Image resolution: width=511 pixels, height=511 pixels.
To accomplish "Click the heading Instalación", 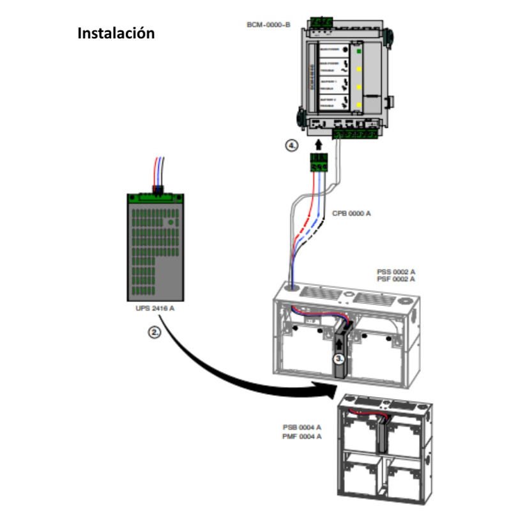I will [116, 33].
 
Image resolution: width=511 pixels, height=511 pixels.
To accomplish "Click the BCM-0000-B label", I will [268, 25].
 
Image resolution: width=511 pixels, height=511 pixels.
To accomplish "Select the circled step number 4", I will [292, 146].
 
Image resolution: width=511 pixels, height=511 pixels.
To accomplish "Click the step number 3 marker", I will [340, 360].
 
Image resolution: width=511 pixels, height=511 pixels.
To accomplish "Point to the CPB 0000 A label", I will [351, 214].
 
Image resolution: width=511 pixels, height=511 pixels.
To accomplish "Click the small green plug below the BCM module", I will [318, 164].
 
